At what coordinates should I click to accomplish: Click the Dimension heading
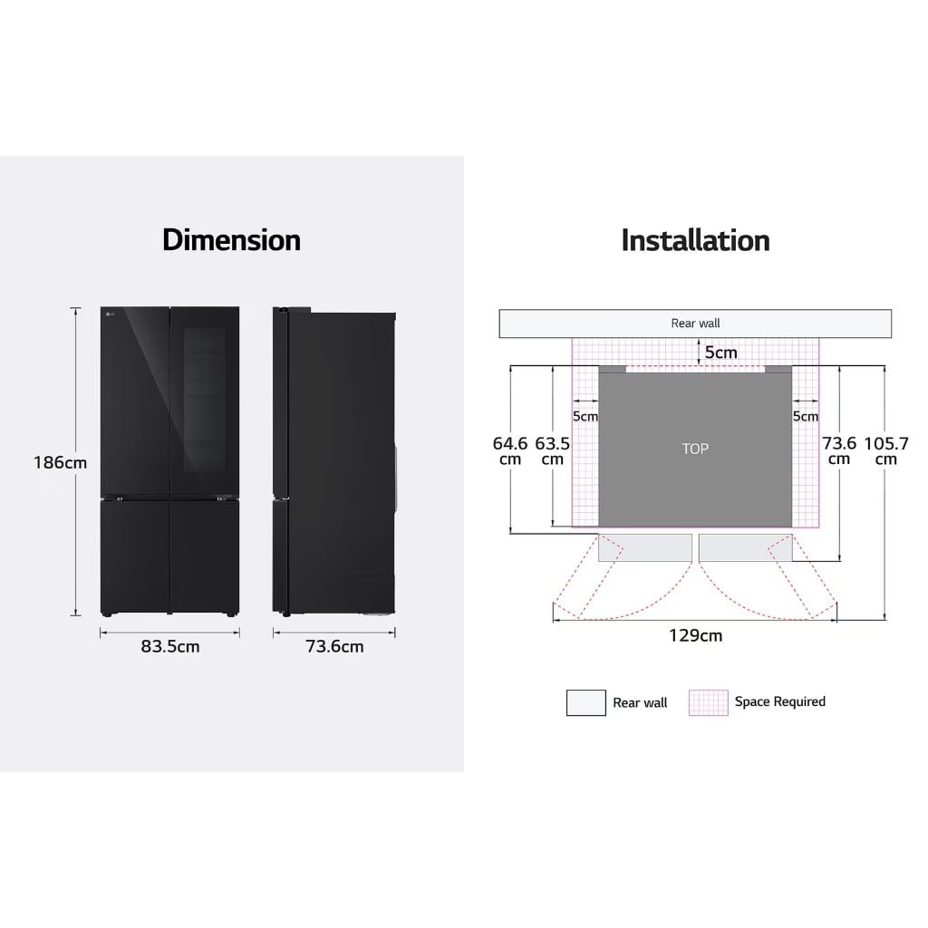click(231, 240)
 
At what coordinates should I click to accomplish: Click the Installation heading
click(695, 240)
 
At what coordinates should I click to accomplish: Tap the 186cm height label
click(60, 462)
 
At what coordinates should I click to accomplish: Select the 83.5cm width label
click(169, 646)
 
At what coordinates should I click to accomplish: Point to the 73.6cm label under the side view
click(334, 646)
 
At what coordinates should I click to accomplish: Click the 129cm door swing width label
click(695, 635)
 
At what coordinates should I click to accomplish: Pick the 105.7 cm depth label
click(886, 451)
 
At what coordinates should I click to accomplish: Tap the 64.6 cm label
click(510, 451)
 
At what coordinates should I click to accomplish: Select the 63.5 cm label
click(552, 451)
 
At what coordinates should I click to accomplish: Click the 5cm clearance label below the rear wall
click(720, 353)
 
